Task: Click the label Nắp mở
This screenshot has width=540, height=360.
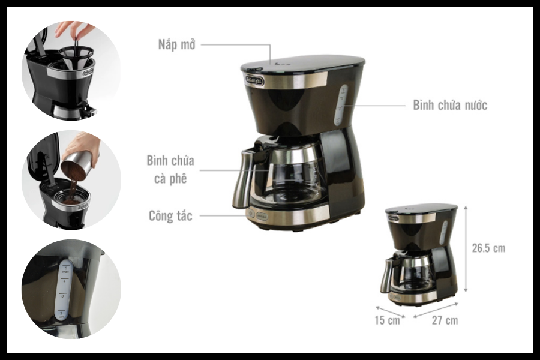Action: coord(176,45)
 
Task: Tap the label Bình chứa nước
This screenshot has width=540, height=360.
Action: coord(450,105)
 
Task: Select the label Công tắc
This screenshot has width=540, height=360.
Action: coord(170,215)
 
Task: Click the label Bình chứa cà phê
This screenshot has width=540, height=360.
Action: coord(170,169)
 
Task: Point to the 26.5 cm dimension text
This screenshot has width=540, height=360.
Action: coord(488,248)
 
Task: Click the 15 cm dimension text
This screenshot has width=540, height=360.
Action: coord(388,320)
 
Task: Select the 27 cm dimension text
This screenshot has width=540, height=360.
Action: coord(445,320)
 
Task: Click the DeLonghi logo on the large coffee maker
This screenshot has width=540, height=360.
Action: coord(255,80)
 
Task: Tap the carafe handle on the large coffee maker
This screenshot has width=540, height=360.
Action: coord(244,178)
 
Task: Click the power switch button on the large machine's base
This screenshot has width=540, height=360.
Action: coord(251,214)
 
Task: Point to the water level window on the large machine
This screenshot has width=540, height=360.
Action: coord(341,106)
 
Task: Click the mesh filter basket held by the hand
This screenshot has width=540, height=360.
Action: coord(76,55)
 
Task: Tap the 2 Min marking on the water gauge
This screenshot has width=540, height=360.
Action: coord(62,314)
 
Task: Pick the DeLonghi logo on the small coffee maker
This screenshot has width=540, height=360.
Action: coord(393,218)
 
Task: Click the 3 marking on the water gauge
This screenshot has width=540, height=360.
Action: coord(62,296)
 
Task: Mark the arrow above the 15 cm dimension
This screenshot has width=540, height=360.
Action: coord(390,311)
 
